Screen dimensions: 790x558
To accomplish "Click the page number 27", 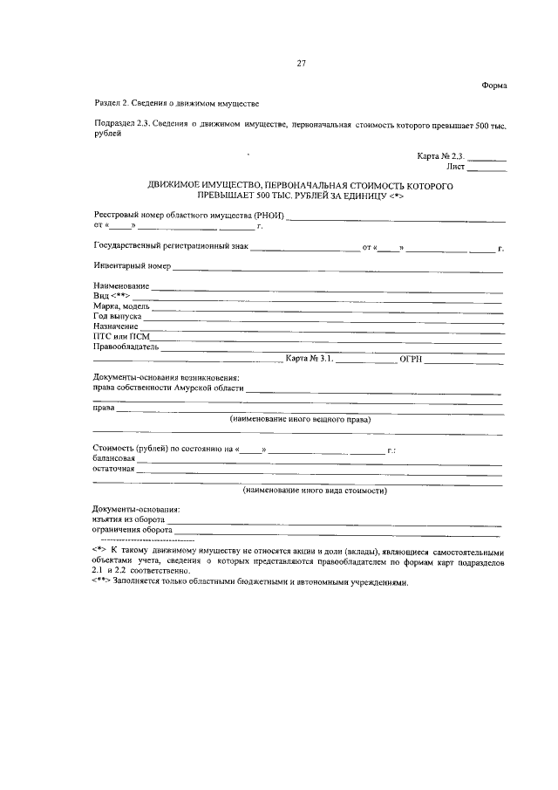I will coord(302,62).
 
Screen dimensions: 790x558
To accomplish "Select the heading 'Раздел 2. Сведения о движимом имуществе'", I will coord(176,103).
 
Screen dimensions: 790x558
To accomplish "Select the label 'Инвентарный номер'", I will coord(132,265).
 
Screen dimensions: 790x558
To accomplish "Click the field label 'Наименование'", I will coord(121,286).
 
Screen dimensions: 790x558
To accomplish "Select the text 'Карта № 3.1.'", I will coord(310,357).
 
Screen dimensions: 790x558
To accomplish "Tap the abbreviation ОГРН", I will coord(411,358).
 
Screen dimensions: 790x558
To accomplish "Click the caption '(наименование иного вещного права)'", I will coord(301,419).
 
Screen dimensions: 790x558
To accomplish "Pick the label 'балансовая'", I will coord(113,458).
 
